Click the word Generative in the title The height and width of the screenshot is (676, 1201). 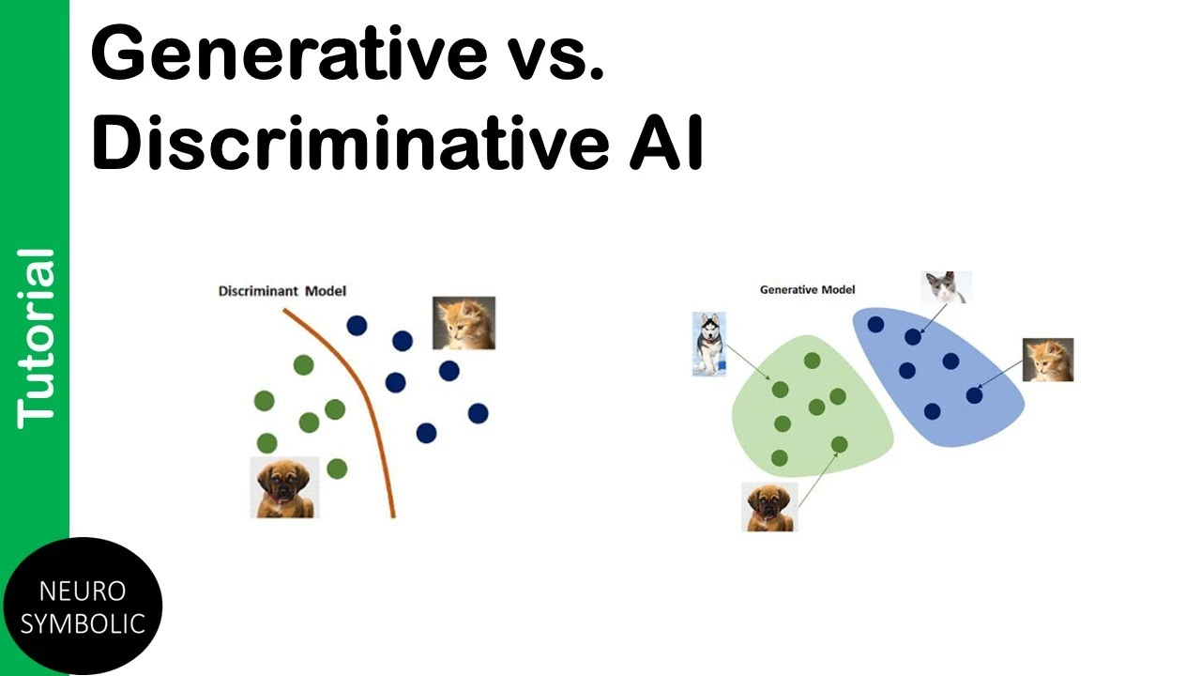tap(289, 54)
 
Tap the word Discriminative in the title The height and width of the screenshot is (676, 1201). tap(351, 141)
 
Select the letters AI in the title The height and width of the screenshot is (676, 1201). tap(666, 142)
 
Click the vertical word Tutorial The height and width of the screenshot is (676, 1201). tap(36, 339)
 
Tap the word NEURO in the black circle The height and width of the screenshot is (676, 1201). tap(83, 591)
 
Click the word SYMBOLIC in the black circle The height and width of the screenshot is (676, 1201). tap(83, 623)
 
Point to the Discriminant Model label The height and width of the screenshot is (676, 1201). tap(282, 291)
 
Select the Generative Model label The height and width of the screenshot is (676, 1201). tap(808, 290)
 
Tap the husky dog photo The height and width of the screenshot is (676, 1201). tap(708, 344)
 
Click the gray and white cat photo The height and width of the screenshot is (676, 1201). tap(947, 287)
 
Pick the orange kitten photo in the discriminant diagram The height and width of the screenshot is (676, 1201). tap(464, 323)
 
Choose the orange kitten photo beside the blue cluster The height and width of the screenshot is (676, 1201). tap(1048, 360)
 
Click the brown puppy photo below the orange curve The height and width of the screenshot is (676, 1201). tap(284, 487)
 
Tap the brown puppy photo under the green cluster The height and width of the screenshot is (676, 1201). tap(769, 507)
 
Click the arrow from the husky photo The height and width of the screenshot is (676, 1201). tap(749, 362)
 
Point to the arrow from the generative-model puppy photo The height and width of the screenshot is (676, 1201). tap(819, 479)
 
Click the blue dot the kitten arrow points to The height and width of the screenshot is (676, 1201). tap(974, 396)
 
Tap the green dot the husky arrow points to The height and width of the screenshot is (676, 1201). tap(780, 390)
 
